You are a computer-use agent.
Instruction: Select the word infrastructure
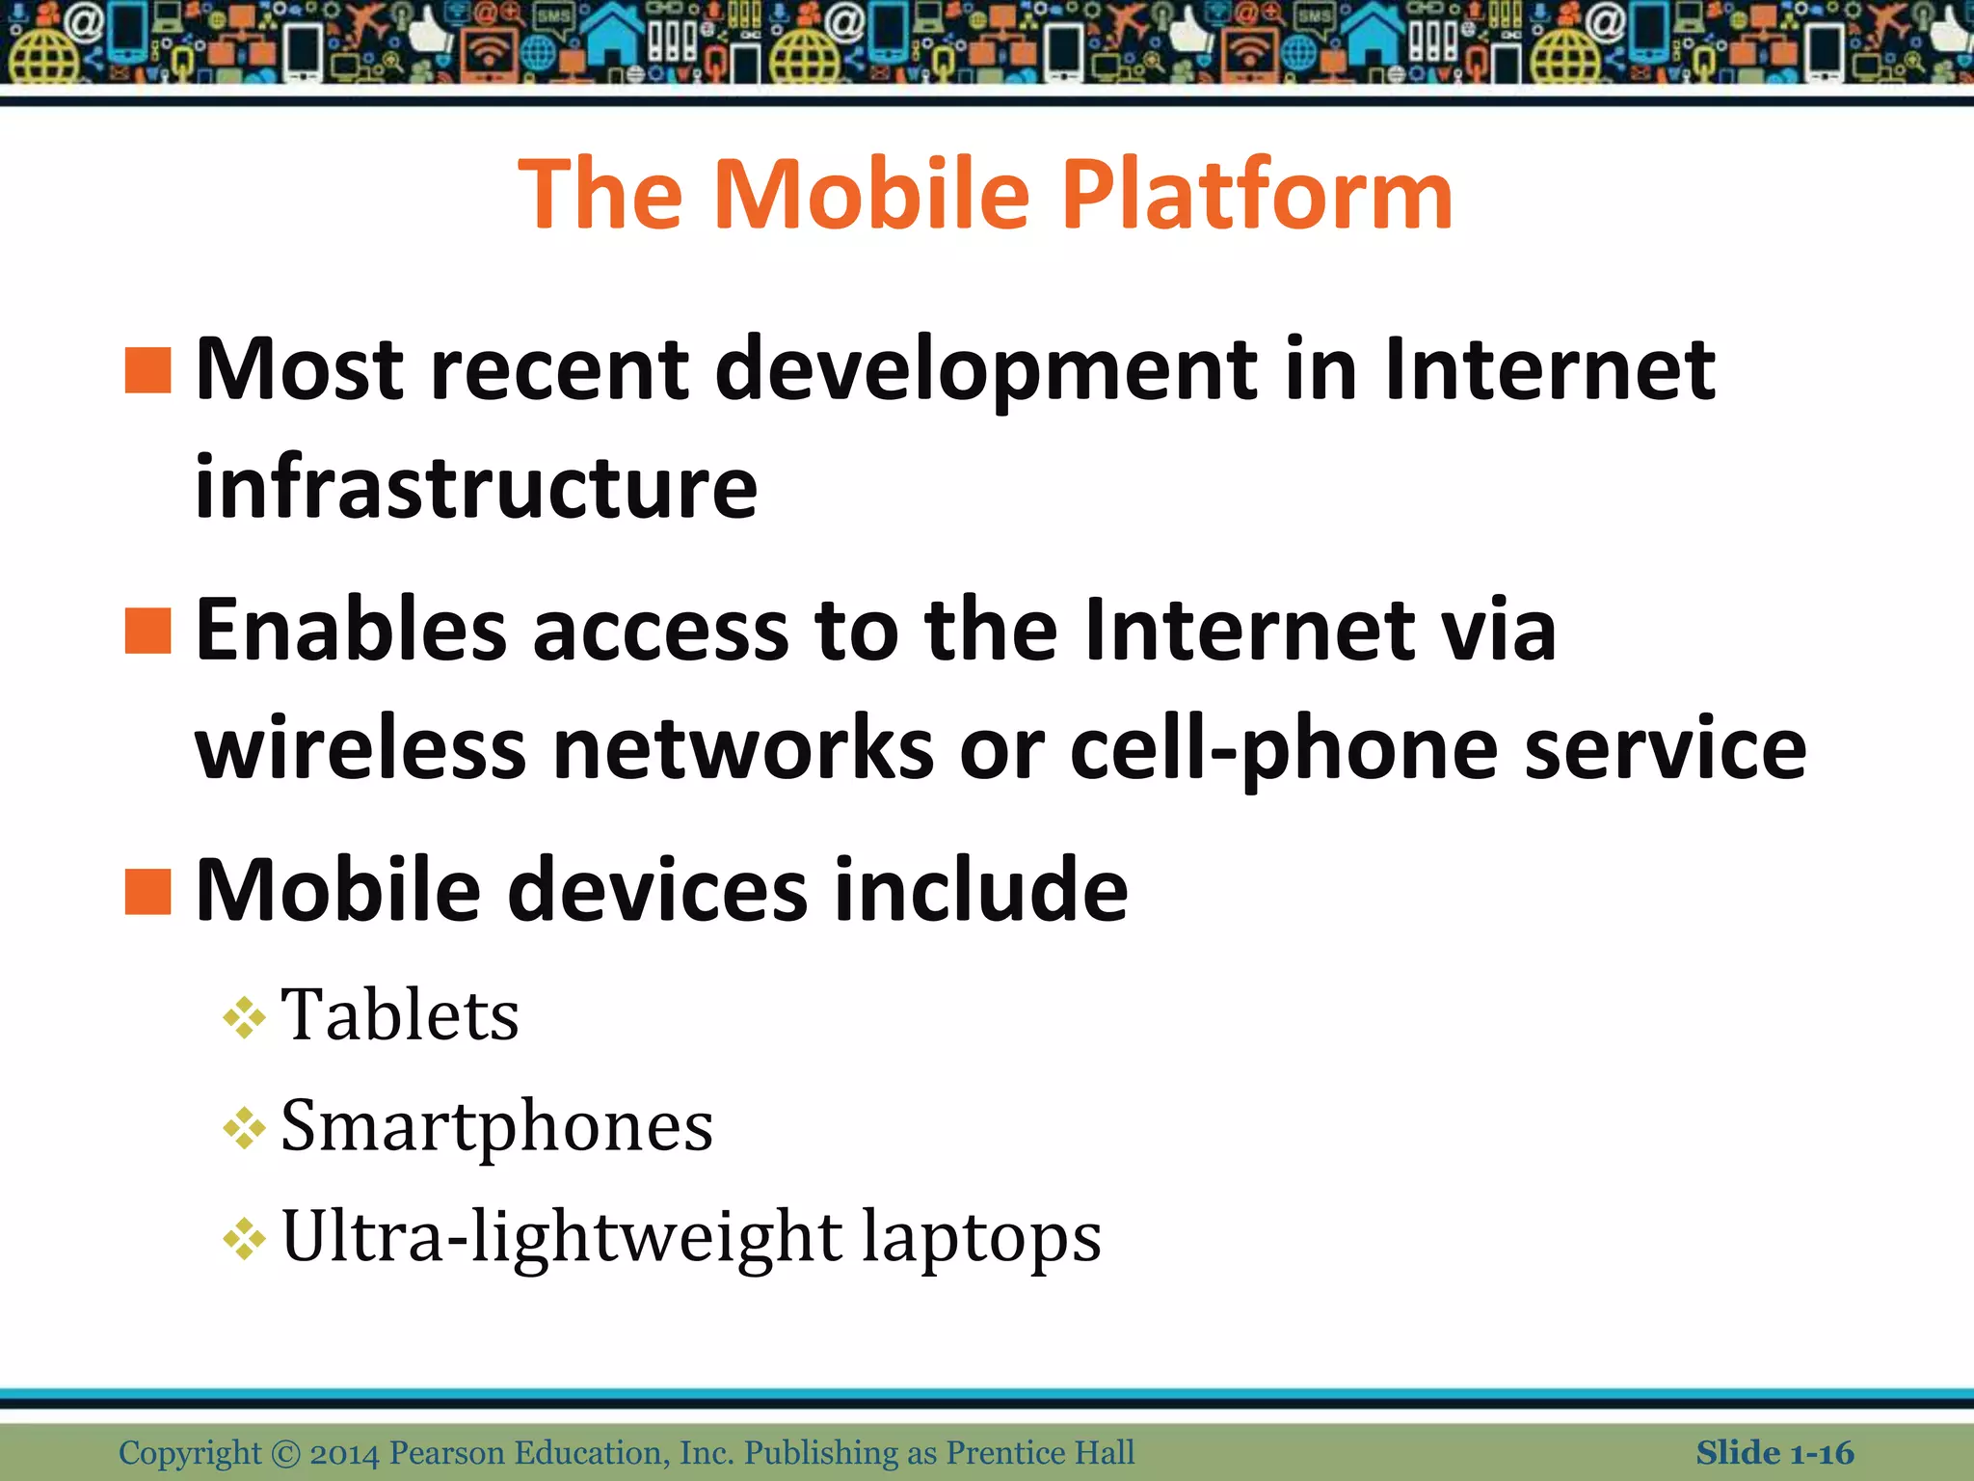tap(476, 487)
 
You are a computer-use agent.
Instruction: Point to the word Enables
tap(351, 631)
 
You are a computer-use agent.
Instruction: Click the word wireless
tap(361, 749)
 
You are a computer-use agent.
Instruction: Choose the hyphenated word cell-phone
tap(1283, 749)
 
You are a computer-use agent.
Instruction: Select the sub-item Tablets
tap(399, 1015)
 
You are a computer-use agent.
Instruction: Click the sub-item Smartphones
tap(496, 1126)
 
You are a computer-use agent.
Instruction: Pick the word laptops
tap(981, 1237)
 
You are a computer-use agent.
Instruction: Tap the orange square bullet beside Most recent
tap(147, 371)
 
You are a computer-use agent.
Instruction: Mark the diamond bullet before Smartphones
tap(244, 1128)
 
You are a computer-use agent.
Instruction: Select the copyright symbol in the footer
tap(285, 1452)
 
